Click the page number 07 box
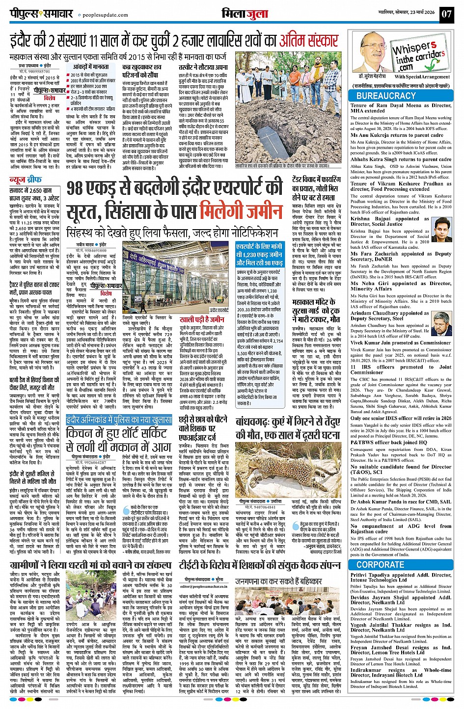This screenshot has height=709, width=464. pos(446,14)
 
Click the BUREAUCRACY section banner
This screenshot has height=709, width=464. pos(401,96)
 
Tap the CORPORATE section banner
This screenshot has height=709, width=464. pos(401,565)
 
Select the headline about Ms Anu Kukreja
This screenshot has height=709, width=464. pos(397,135)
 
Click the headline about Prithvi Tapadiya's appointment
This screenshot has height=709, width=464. pos(401,578)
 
